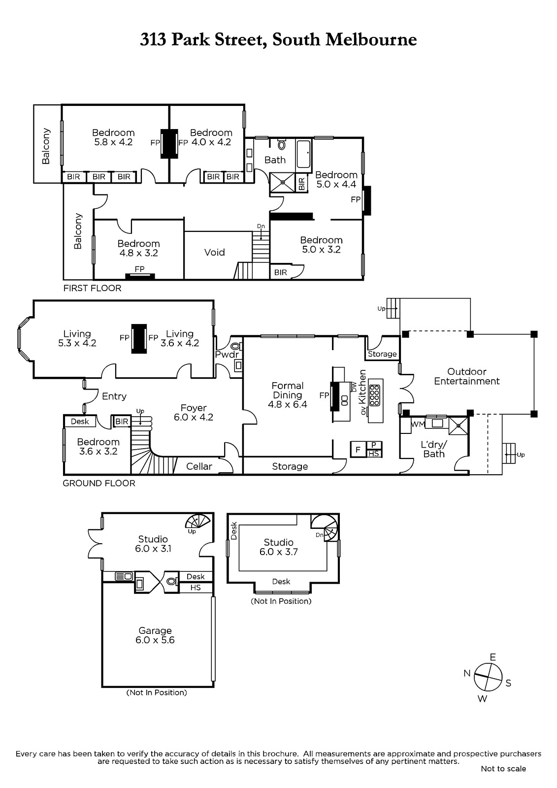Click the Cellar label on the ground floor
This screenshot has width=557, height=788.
(199, 466)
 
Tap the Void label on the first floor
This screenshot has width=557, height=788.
(214, 252)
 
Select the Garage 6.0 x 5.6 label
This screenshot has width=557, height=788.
(155, 635)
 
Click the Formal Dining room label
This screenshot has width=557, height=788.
(288, 395)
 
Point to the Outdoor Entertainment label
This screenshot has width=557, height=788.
(466, 376)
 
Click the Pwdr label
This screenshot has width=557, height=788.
(227, 354)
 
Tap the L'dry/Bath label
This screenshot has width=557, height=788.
(434, 449)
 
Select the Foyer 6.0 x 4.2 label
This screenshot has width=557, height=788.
(194, 412)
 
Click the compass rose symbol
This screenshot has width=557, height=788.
(488, 677)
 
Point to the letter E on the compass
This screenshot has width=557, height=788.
(493, 657)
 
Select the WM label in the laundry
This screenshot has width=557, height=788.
(418, 424)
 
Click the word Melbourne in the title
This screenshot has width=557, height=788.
(371, 39)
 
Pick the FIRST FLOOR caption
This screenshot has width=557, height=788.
(92, 288)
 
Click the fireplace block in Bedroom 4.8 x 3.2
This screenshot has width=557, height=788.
(140, 276)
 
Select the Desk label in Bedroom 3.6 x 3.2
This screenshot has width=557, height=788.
(80, 422)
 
